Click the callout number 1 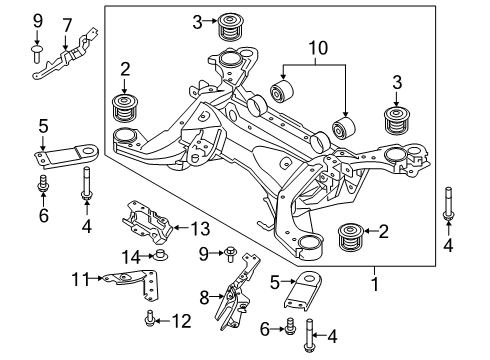click(376, 282)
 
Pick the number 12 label click(180, 321)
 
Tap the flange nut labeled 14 click(158, 259)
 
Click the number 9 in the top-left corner click(37, 20)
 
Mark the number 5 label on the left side click(42, 127)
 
